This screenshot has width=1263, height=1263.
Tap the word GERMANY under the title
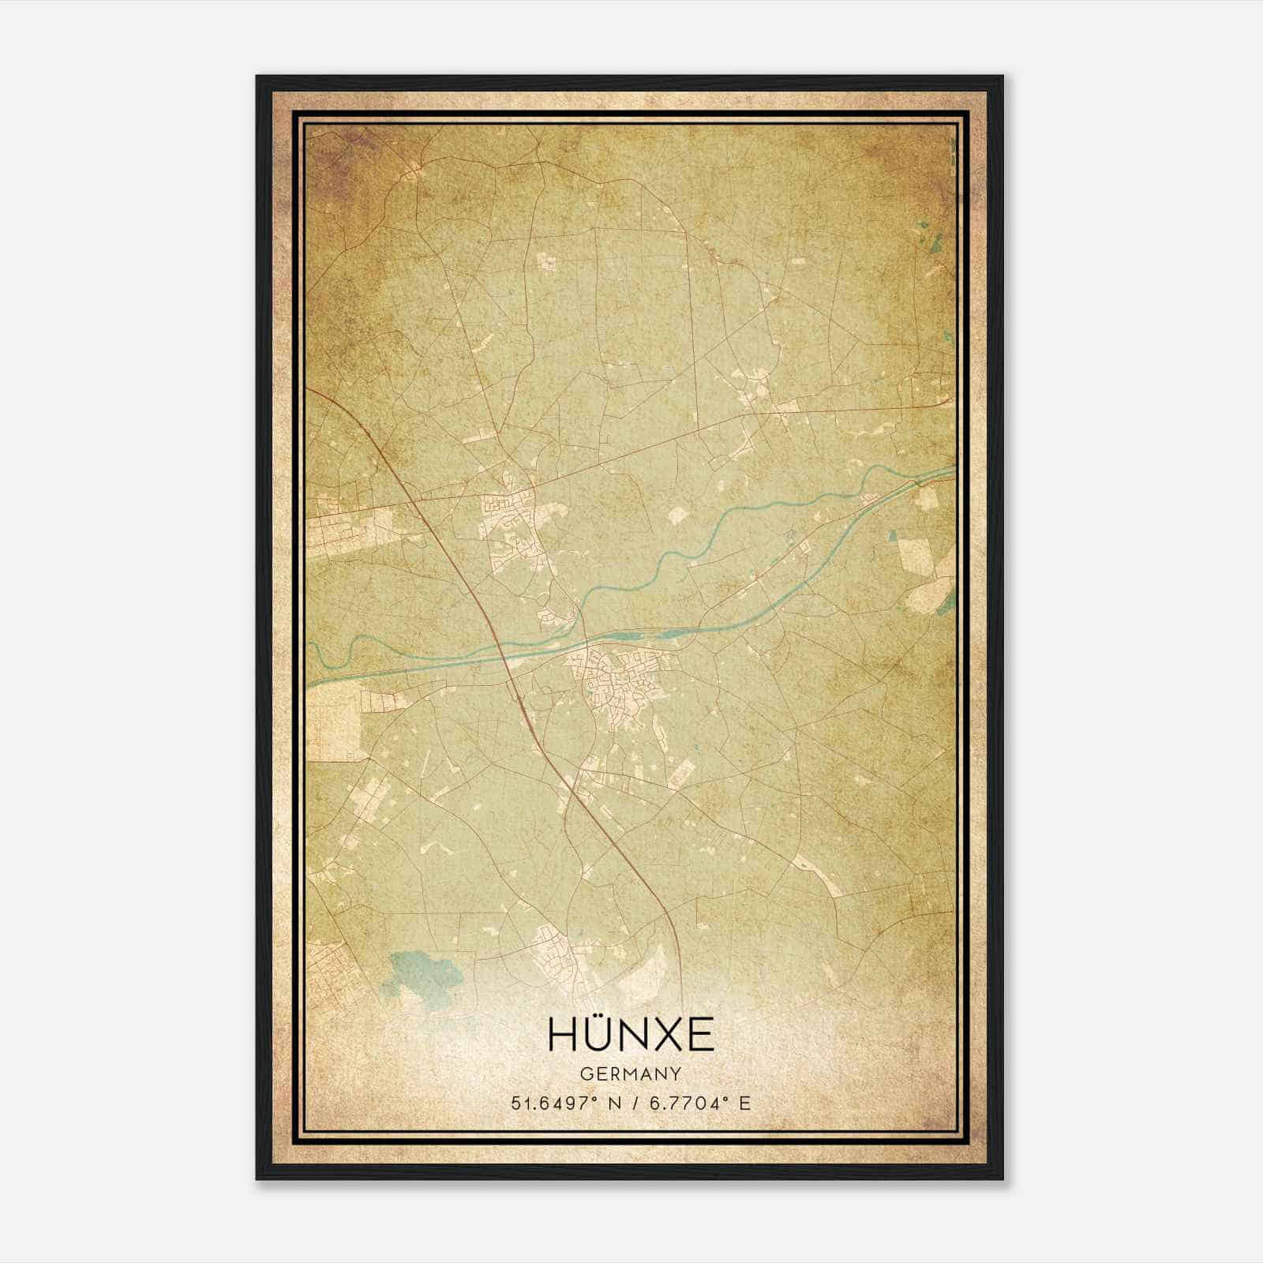coord(631,1074)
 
